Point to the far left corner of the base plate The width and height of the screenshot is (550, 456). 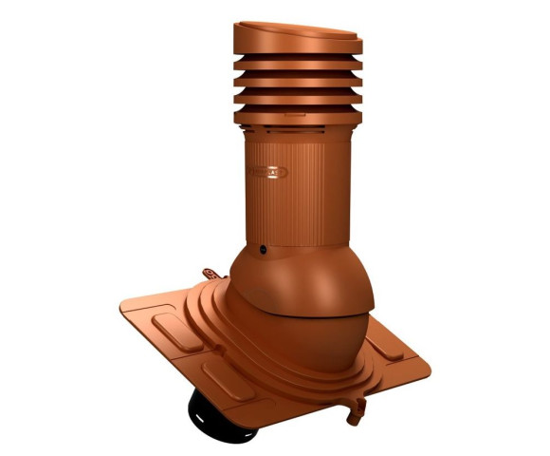[122, 310]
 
